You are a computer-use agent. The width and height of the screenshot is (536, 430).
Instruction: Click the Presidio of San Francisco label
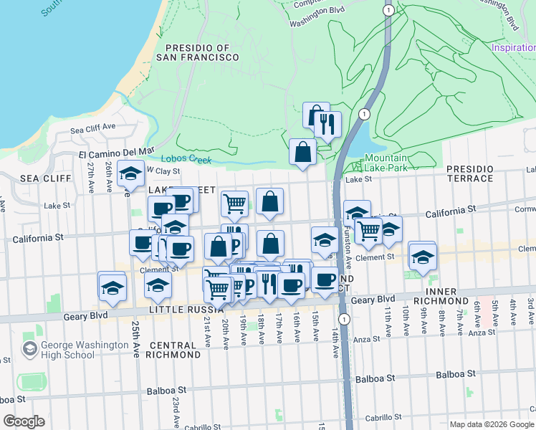(x=193, y=52)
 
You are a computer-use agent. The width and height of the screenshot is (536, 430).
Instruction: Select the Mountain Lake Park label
(x=386, y=163)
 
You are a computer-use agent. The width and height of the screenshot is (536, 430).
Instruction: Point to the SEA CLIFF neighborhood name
(x=46, y=178)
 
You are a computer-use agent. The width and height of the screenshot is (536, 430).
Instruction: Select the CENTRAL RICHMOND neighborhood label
(x=173, y=349)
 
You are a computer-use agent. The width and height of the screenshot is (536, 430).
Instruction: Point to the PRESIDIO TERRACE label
(x=470, y=173)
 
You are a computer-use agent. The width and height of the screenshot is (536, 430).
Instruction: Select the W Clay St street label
(x=163, y=171)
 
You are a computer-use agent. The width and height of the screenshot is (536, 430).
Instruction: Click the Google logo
(x=24, y=421)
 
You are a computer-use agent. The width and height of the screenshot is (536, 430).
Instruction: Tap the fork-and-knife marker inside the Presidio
(x=327, y=124)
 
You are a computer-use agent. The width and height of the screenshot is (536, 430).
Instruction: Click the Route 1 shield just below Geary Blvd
(x=345, y=318)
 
